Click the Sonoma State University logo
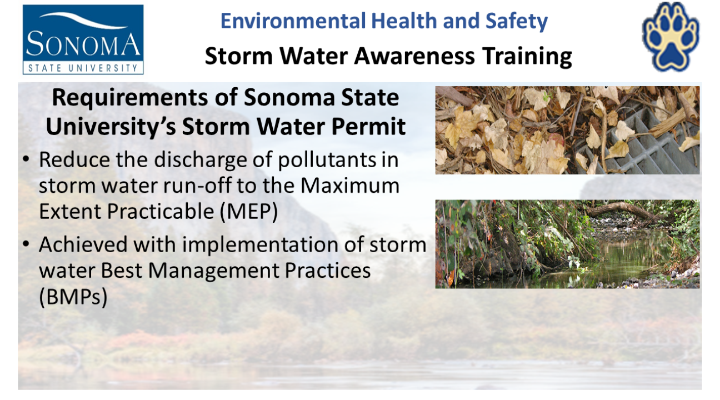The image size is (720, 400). coord(83,39)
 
